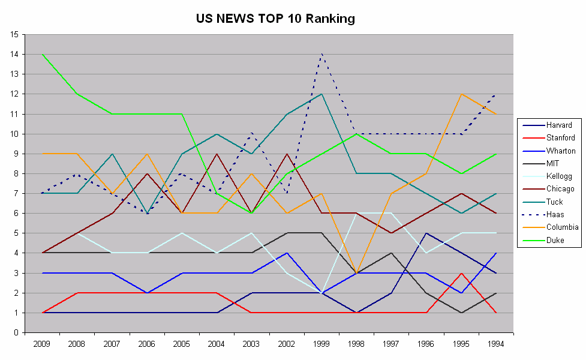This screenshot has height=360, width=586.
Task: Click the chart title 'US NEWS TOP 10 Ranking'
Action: click(275, 19)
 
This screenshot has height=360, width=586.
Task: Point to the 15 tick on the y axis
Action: click(13, 34)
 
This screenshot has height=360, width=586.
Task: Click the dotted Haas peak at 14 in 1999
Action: click(323, 54)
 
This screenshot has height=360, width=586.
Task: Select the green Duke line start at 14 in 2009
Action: click(42, 54)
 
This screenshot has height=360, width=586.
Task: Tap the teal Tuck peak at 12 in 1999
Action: click(323, 94)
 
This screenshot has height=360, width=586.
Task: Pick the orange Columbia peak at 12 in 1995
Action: click(461, 94)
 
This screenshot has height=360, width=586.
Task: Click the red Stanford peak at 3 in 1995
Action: click(461, 273)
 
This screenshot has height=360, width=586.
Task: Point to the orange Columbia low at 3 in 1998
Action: click(357, 273)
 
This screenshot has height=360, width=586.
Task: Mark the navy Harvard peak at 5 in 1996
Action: click(426, 233)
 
